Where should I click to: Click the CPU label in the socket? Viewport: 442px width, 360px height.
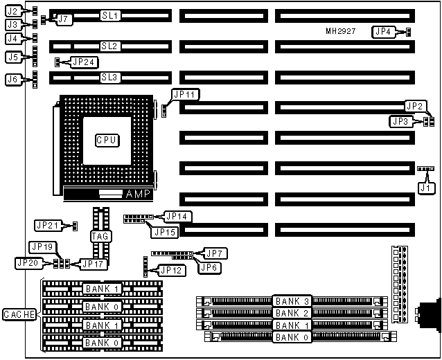[x=107, y=140]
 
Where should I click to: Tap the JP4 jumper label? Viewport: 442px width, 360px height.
[x=383, y=31]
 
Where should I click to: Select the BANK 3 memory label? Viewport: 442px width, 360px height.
[x=291, y=301]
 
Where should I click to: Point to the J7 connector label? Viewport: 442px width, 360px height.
[x=63, y=19]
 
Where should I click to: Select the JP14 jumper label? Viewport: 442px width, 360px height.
[x=175, y=215]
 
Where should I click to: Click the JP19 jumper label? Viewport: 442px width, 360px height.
[x=41, y=246]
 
